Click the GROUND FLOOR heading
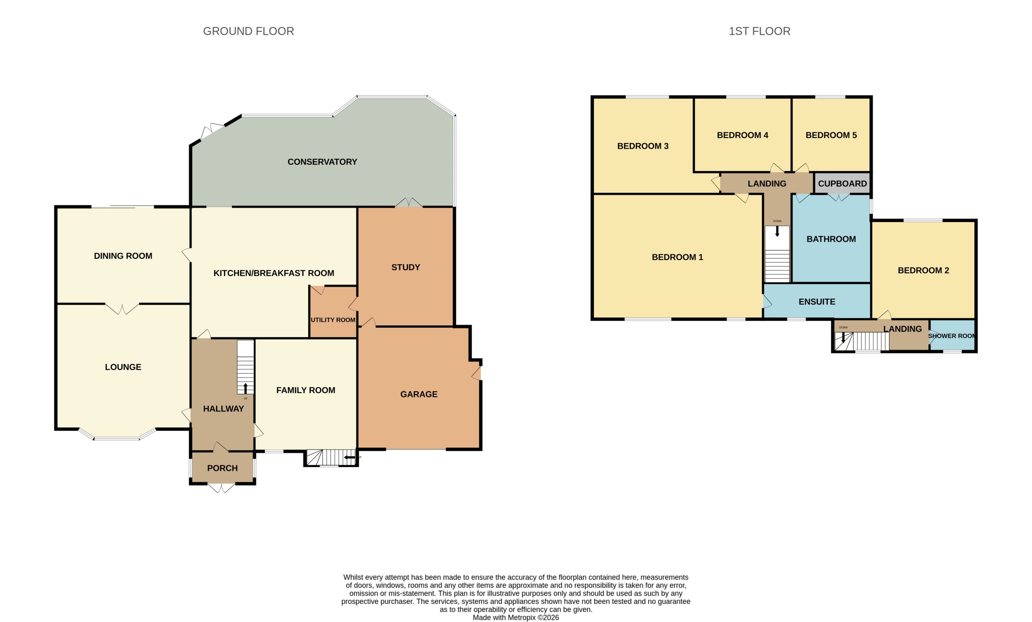(x=248, y=32)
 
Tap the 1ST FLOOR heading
(x=759, y=32)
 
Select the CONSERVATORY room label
(x=322, y=162)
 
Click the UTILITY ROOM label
(x=333, y=320)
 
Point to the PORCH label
(x=223, y=468)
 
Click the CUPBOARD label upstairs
(x=842, y=184)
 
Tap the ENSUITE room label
(x=817, y=302)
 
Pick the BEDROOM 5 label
(x=831, y=135)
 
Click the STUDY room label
(x=405, y=267)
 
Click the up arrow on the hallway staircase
(x=245, y=388)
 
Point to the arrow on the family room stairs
(x=349, y=457)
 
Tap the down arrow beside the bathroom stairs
(x=777, y=231)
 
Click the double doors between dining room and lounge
(x=122, y=309)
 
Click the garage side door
(x=476, y=372)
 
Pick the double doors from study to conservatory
(x=409, y=203)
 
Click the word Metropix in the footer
(x=521, y=617)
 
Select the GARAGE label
(x=419, y=394)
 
